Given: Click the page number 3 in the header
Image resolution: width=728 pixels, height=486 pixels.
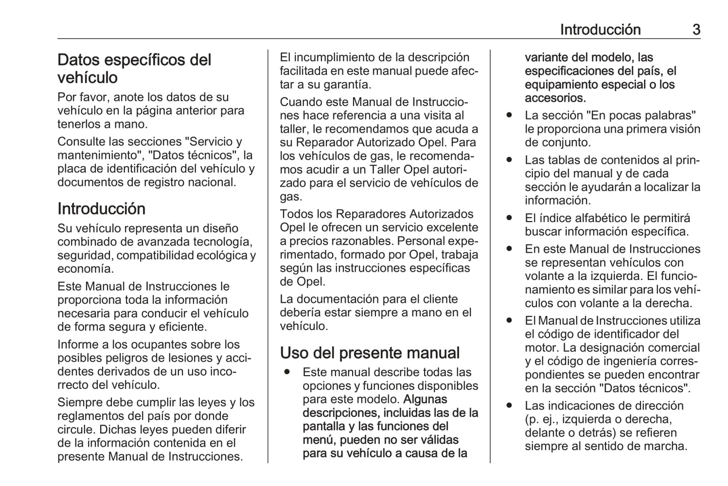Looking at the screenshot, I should (696, 30).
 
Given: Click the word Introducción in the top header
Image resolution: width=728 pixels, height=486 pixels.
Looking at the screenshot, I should (600, 30).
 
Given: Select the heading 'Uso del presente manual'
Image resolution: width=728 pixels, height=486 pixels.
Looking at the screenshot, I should (370, 353).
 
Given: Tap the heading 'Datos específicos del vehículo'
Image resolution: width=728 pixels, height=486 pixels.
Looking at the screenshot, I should (134, 68).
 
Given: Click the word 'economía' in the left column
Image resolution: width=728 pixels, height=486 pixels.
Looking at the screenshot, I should (85, 269).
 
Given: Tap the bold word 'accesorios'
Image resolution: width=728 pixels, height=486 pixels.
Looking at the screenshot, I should (554, 98).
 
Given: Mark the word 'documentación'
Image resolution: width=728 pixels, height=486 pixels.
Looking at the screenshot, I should (337, 299).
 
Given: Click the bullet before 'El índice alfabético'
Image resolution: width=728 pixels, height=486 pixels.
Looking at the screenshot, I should (509, 218).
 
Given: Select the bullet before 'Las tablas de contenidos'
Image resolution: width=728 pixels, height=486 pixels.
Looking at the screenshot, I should (509, 160).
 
